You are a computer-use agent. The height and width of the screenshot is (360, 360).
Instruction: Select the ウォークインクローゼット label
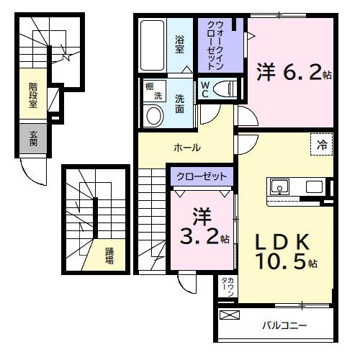tap(215, 45)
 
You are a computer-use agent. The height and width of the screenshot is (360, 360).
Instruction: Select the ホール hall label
tap(186, 148)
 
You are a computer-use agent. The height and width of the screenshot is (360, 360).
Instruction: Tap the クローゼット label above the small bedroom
tap(202, 176)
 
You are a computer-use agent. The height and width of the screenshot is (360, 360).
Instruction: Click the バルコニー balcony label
tap(284, 325)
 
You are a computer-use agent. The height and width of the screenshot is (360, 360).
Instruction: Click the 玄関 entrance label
tap(33, 138)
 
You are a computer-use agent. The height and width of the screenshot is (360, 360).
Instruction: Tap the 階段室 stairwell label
tap(33, 94)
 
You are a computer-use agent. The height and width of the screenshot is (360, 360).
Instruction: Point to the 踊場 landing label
tap(109, 256)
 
